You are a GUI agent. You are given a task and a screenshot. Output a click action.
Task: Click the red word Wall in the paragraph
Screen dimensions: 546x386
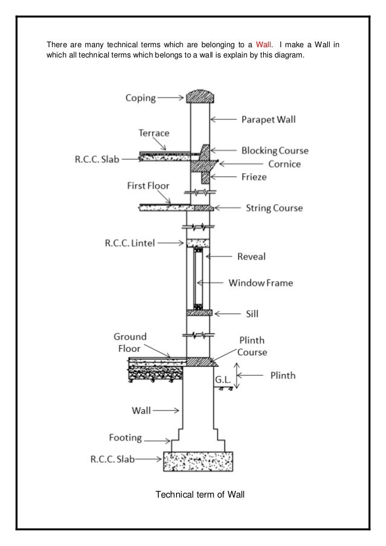pos(264,45)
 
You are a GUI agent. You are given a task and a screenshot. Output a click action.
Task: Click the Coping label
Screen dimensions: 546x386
pos(140,97)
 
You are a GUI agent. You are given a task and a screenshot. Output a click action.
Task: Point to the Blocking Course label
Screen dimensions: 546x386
pos(275,150)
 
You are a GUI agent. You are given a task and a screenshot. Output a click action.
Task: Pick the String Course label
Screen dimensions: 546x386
pos(274,208)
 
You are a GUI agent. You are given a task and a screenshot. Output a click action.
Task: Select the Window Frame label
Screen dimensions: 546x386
pos(260,282)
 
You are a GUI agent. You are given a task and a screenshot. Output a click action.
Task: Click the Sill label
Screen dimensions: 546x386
pos(253,314)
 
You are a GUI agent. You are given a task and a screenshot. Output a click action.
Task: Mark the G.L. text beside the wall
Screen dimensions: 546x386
pos(222,380)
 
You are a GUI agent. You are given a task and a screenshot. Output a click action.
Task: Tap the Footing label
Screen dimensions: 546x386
pos(125,437)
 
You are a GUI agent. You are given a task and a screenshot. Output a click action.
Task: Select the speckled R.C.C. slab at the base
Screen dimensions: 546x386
pos(198,461)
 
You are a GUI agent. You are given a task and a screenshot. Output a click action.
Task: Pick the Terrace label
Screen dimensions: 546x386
pos(154,133)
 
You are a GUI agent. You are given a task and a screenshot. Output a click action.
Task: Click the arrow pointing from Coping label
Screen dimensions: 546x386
pos(172,97)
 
